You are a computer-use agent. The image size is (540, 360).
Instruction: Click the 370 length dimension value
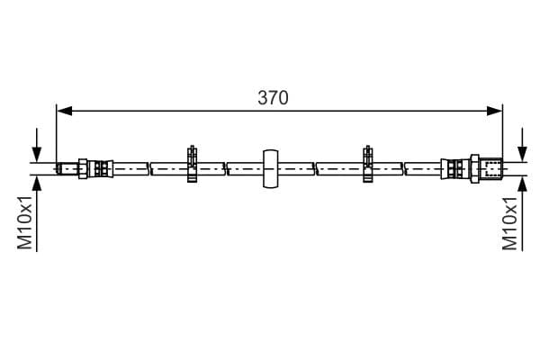[273, 98]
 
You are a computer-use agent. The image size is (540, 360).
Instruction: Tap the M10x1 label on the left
[25, 222]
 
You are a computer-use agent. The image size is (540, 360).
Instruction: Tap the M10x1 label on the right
[509, 223]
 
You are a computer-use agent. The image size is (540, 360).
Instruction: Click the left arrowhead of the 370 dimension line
[65, 111]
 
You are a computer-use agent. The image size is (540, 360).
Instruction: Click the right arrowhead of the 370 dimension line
[494, 111]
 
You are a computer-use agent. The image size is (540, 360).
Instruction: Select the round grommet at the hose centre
[271, 169]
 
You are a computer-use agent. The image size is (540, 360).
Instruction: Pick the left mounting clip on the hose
[193, 164]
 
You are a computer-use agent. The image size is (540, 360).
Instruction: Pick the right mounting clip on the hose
[368, 164]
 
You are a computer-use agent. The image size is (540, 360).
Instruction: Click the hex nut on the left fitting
[83, 169]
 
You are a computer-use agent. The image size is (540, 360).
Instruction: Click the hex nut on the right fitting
[475, 168]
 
